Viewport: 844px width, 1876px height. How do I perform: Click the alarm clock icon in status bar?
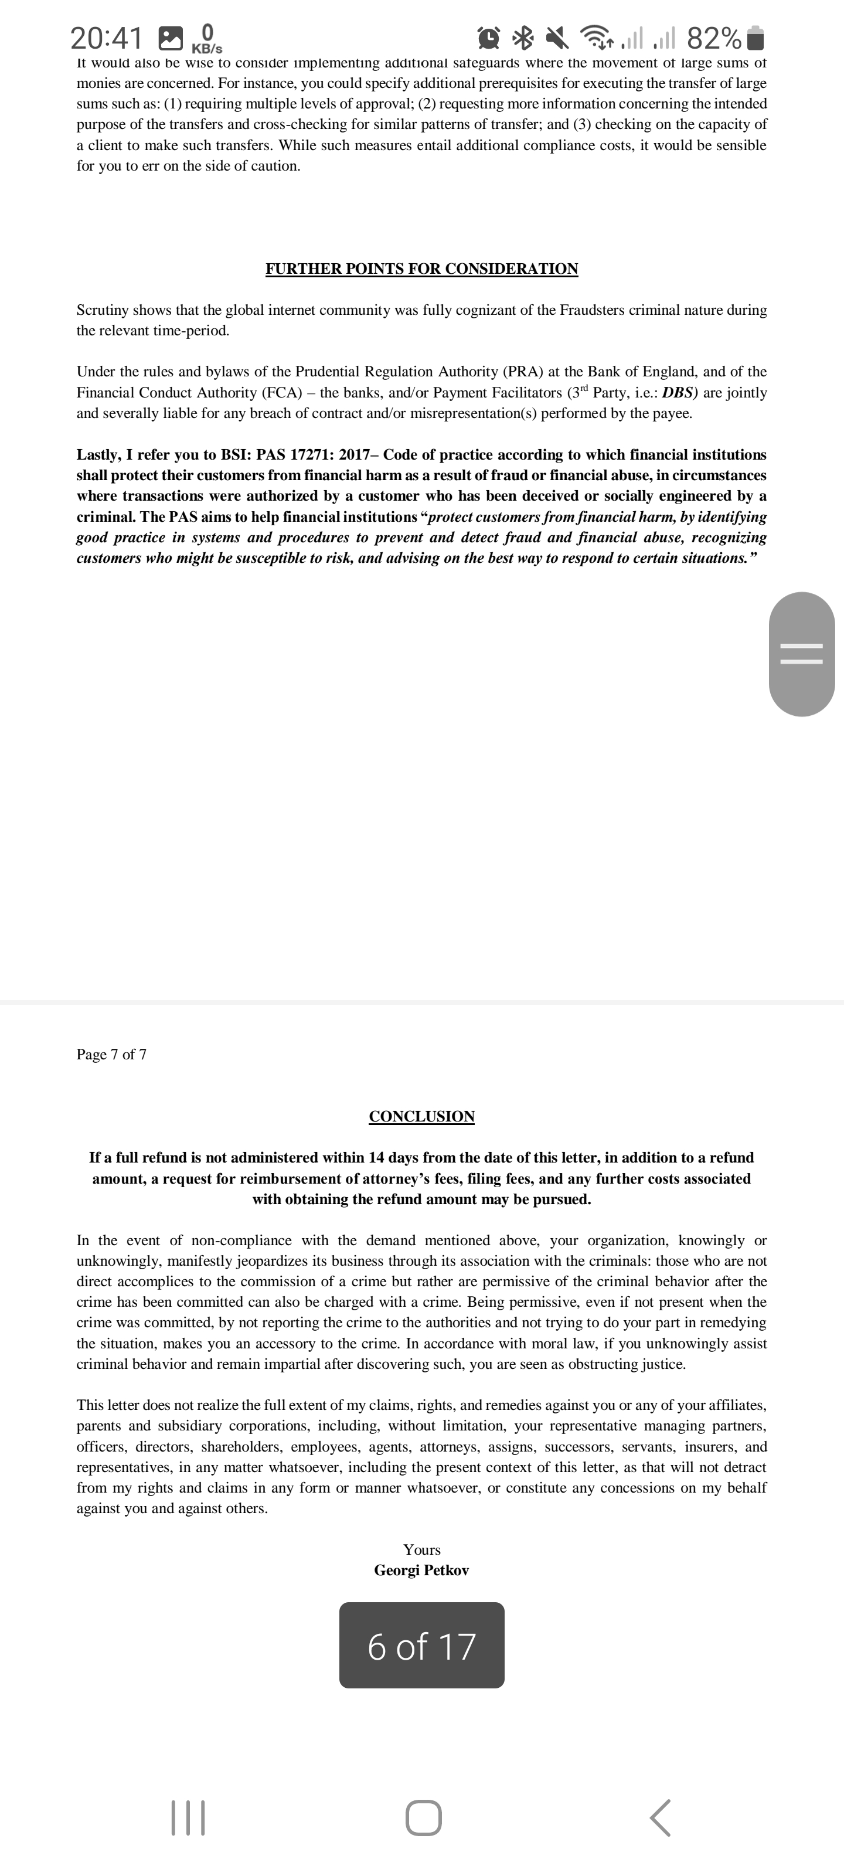[489, 36]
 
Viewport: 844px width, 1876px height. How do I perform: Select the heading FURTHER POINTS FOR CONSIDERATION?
[421, 269]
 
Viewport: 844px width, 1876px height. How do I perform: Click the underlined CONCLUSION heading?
[421, 1116]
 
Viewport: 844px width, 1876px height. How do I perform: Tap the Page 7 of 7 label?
[111, 1055]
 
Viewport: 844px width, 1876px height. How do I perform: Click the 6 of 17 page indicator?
[421, 1647]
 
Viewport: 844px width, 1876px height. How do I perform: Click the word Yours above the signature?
[421, 1549]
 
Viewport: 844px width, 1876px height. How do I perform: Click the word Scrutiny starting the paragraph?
[103, 310]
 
